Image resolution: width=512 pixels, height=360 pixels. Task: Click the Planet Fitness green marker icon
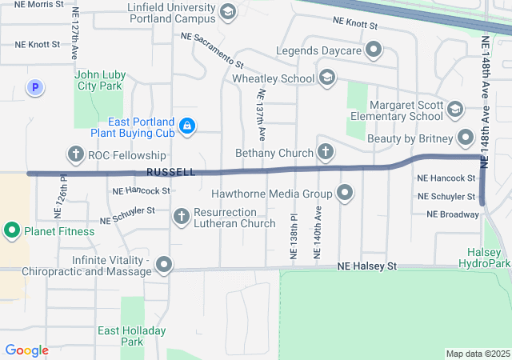[12, 232]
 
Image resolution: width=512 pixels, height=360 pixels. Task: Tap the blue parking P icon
[34, 88]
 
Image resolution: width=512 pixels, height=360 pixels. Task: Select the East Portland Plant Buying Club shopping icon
[186, 126]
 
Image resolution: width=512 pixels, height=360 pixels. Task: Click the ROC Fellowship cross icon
[76, 154]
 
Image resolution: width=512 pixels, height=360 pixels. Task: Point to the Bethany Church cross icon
[326, 152]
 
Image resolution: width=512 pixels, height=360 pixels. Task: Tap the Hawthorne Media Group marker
[345, 193]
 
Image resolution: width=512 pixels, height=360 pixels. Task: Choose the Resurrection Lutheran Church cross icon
[182, 217]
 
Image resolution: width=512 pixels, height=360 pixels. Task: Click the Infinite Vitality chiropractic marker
[164, 264]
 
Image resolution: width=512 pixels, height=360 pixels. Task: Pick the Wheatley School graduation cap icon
[326, 78]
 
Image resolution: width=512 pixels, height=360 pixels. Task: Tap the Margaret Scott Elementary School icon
[455, 110]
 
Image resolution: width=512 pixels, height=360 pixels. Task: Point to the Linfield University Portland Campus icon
[228, 12]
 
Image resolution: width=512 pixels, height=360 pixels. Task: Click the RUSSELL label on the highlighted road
[171, 173]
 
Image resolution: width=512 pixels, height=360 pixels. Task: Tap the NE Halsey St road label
[367, 266]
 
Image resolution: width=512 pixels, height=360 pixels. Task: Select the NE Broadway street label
[453, 214]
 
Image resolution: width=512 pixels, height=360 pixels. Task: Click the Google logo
[26, 350]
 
